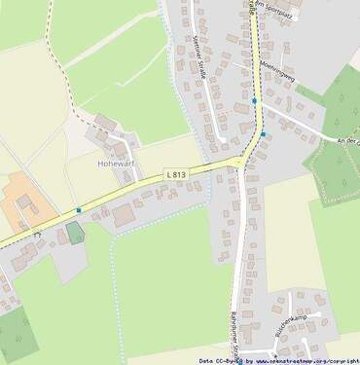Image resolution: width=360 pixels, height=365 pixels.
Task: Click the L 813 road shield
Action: (176, 173)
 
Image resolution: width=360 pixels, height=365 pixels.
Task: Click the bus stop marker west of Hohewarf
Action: (78, 209)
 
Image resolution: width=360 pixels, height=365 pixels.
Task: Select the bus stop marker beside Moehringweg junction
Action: (255, 100)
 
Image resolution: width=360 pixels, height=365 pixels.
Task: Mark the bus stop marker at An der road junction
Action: (263, 134)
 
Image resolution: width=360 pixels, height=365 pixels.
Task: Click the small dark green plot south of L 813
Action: (75, 234)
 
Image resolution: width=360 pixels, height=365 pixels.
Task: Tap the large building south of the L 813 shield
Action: (123, 215)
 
